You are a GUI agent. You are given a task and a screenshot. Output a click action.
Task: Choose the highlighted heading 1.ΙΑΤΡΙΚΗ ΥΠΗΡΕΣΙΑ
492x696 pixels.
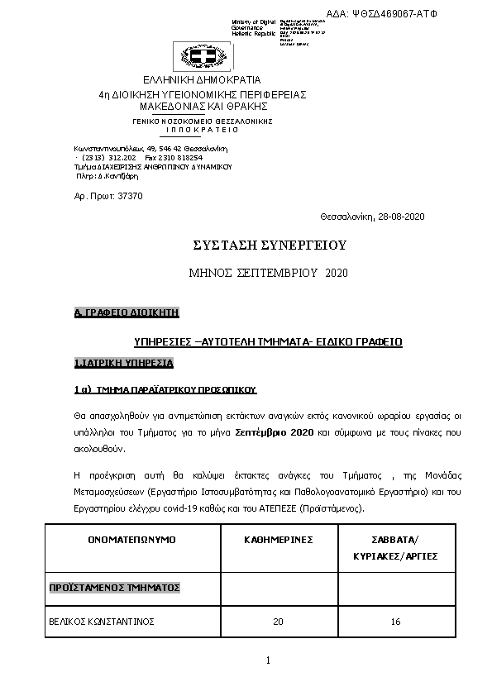point(123,363)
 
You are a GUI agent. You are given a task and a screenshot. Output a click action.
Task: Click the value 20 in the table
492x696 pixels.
point(278,621)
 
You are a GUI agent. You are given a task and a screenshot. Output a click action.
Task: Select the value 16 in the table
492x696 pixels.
point(395,621)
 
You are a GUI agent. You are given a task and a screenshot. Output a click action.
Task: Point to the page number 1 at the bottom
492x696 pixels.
point(269,660)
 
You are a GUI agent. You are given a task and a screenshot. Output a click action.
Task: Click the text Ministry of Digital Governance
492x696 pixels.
point(255,27)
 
